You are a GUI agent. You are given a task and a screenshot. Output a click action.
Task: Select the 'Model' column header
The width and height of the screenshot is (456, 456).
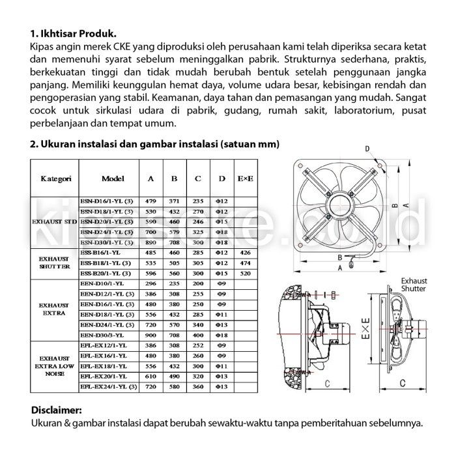coord(113,178)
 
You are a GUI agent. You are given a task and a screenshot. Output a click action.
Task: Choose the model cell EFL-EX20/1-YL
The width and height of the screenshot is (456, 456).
coord(104,376)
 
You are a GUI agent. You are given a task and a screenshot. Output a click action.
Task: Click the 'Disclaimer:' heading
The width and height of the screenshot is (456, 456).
coord(57,410)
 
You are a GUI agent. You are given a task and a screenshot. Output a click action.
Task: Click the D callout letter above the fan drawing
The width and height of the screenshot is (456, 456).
coord(367,149)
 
